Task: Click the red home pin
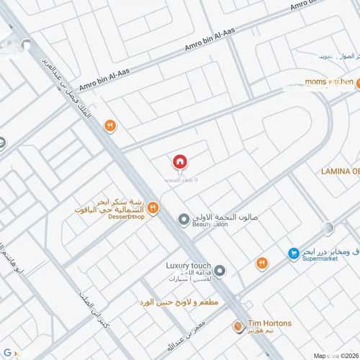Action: click(180, 162)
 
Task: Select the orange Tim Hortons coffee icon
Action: click(238, 327)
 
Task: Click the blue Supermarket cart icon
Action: click(294, 253)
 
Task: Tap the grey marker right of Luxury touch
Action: click(220, 271)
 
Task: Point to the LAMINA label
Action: click(339, 171)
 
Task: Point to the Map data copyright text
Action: click(338, 355)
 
